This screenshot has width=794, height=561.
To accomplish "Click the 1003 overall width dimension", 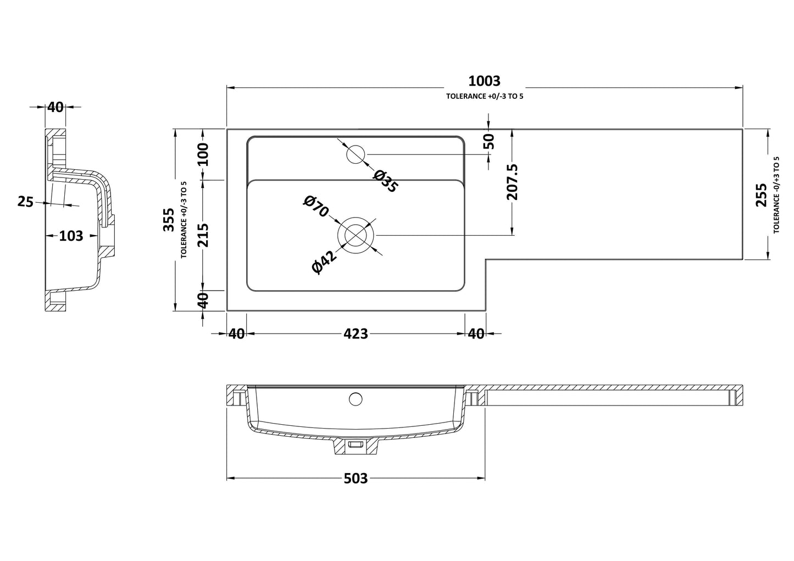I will pos(484,81).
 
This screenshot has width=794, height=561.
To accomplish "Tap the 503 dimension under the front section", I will pos(356,479).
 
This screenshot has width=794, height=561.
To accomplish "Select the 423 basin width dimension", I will pos(356,334).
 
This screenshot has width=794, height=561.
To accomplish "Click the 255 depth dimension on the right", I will pos(761,195).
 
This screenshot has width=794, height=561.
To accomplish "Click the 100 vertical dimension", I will pos(203,154).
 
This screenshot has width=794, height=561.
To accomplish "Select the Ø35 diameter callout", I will pos(385,181).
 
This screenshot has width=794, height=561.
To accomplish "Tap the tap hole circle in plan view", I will pos(356,154).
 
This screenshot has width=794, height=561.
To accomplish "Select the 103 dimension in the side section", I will pos(71,236).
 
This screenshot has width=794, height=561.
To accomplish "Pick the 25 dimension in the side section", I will pos(25,202).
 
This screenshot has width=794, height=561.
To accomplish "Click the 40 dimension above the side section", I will pos(55,107).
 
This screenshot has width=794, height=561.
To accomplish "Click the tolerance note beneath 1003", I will pos(484,96).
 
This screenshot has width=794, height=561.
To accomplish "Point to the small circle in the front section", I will pos(356,398).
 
